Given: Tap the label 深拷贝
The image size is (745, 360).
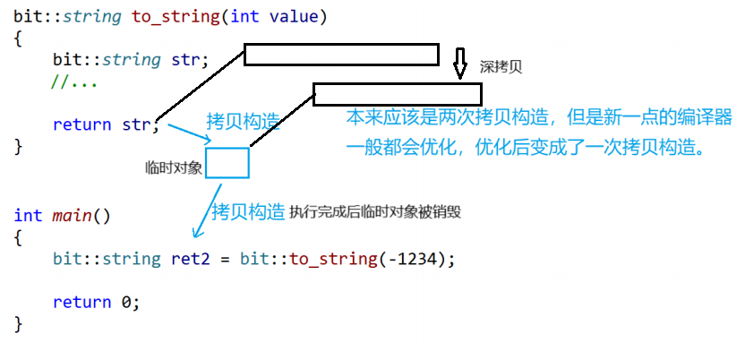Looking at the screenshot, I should point(501,66).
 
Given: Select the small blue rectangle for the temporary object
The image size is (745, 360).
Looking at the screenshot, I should point(227,163).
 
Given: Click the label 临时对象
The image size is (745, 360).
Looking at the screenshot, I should point(175,167).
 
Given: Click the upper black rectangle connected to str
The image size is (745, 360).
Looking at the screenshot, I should point(341,55).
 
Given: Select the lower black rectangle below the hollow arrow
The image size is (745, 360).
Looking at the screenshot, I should point(397,94).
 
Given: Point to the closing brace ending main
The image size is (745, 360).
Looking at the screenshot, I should point(18,322).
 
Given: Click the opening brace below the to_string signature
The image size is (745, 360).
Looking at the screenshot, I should point(18,39).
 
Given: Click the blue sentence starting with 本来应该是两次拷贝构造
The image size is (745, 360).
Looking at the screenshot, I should point(539,117).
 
